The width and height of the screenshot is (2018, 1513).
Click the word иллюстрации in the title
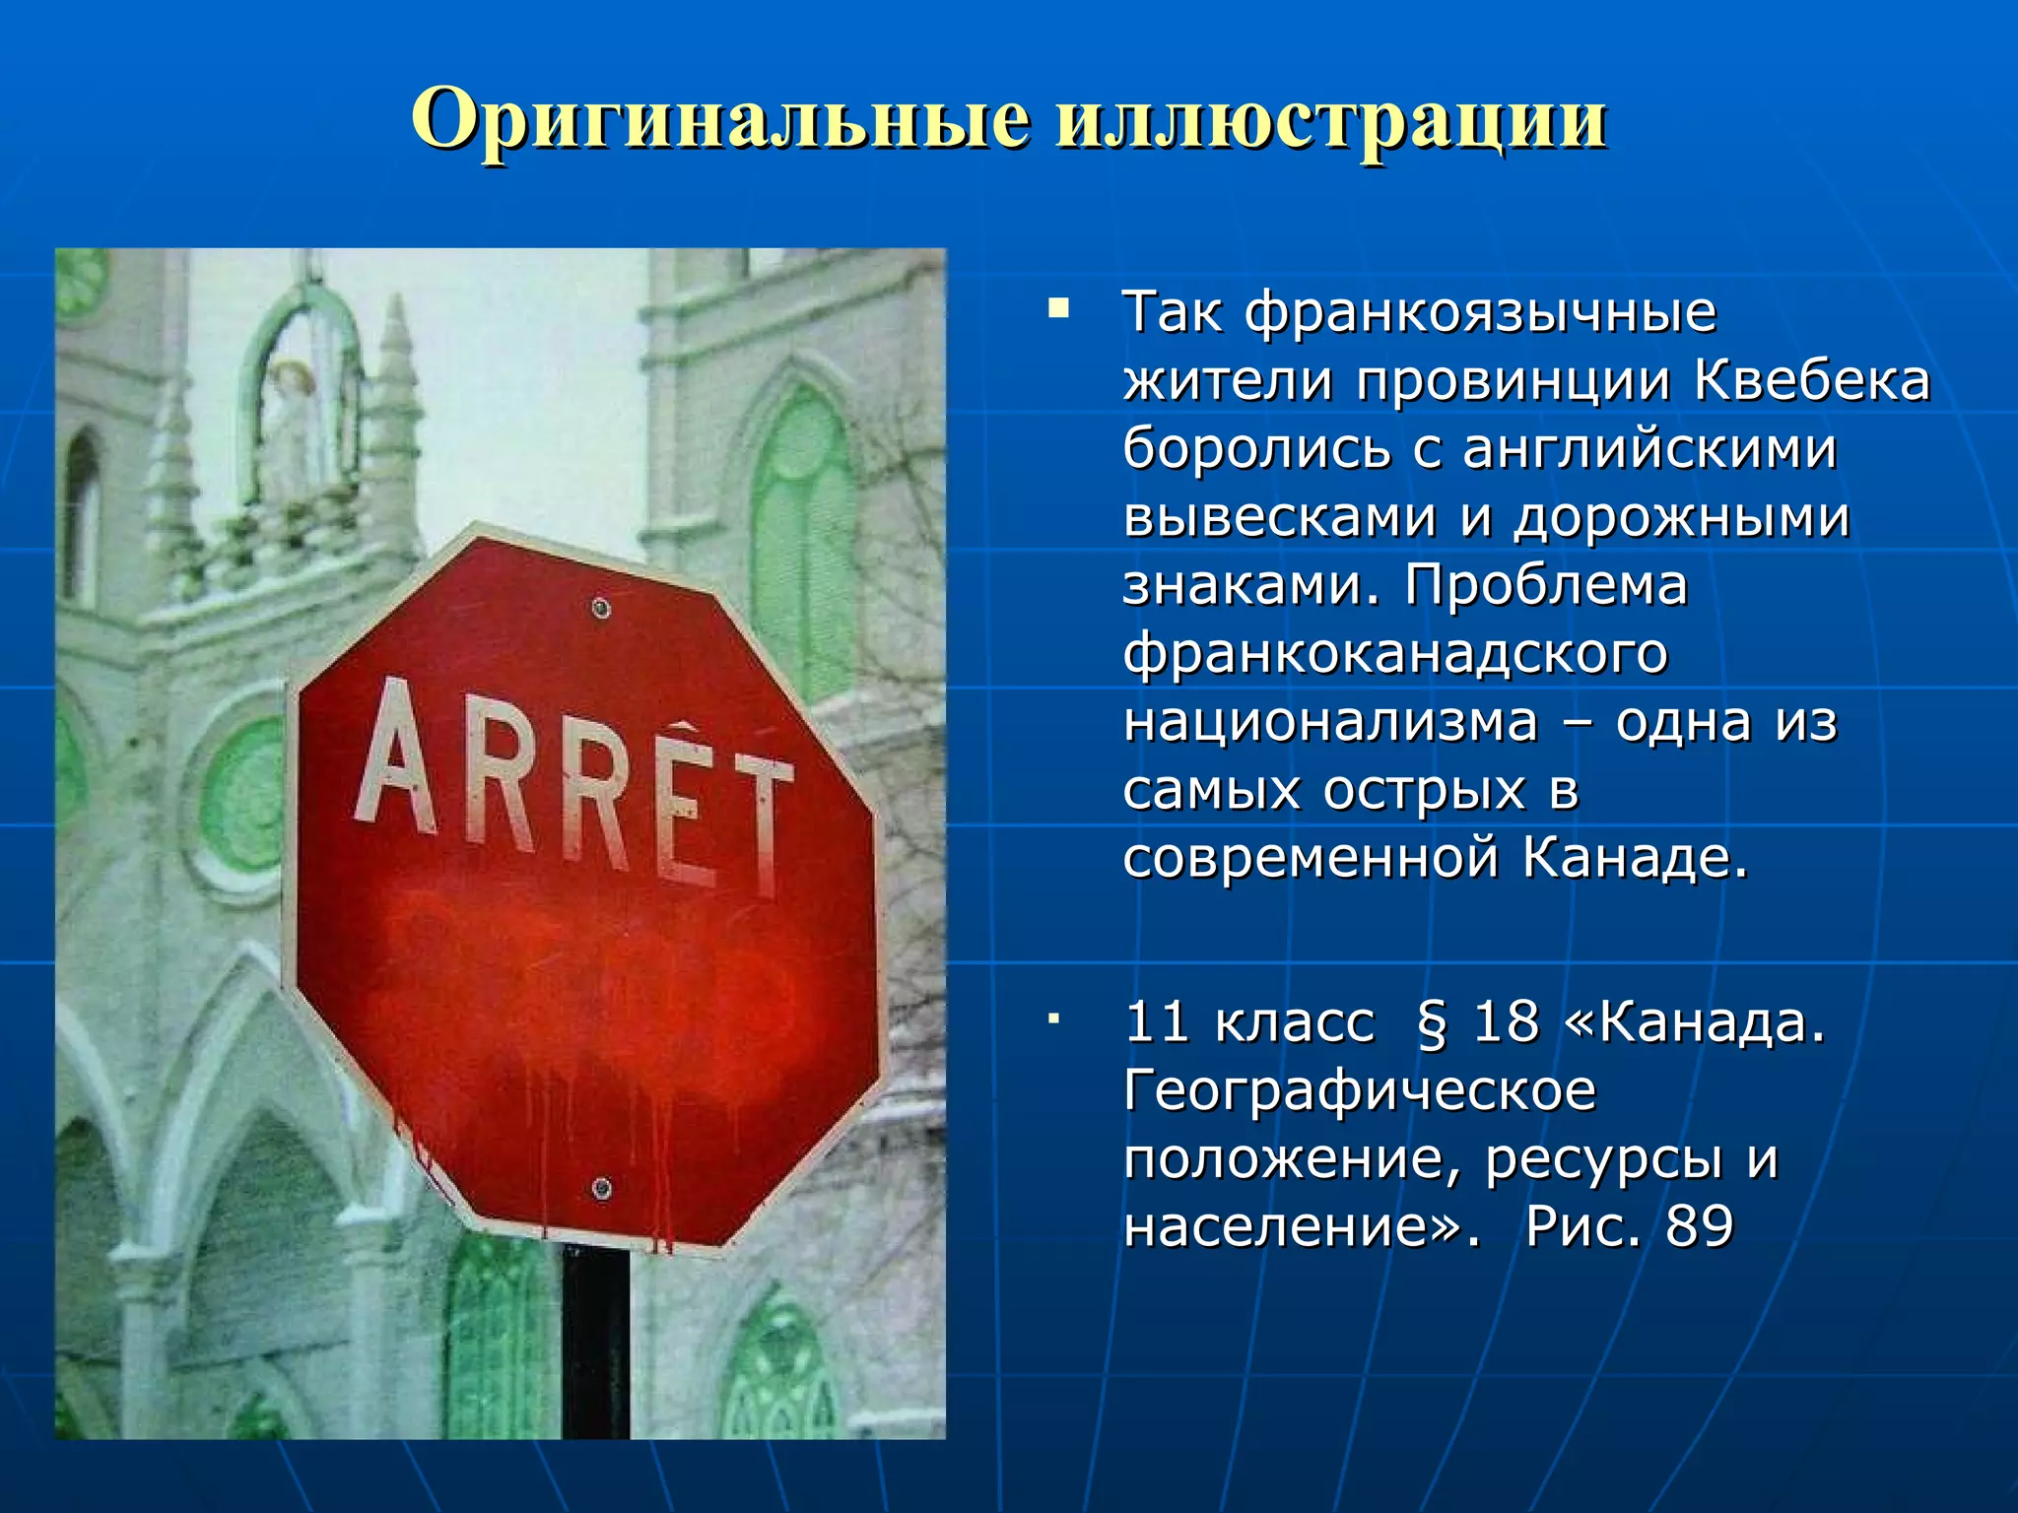1330,120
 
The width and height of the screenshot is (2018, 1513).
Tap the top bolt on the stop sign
601,609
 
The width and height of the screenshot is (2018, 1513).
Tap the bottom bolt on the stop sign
601,1188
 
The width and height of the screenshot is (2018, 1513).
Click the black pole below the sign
595,1340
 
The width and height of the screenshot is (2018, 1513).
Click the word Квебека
1812,381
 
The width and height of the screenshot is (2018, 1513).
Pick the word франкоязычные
1479,313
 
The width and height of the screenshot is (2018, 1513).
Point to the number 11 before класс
1157,1022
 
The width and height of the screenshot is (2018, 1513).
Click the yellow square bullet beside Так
1058,310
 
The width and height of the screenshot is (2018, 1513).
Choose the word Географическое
1360,1091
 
